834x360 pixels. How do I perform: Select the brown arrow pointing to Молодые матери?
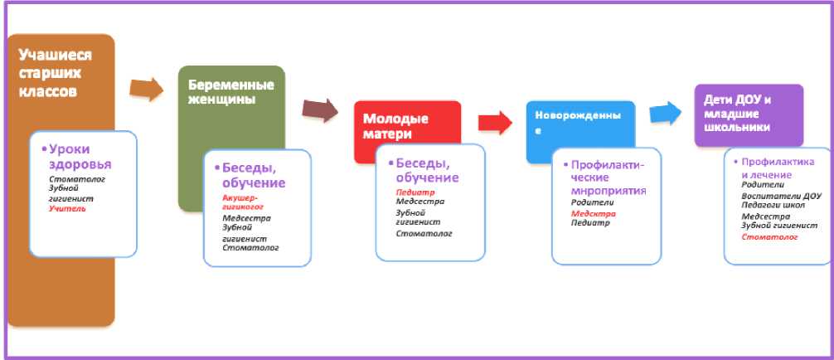coord(320,109)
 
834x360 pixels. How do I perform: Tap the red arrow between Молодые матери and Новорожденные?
coord(497,122)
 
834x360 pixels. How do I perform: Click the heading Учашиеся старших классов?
coord(55,73)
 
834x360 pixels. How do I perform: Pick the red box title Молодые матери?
coord(391,125)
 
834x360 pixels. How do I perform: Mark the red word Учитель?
coord(67,209)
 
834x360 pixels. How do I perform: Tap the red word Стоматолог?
coord(769,237)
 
